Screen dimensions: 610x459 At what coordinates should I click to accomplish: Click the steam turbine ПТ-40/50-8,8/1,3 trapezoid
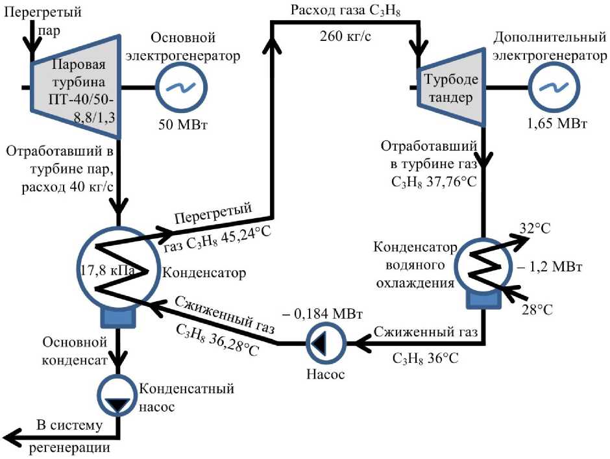(75, 87)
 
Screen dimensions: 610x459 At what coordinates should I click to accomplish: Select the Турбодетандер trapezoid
(451, 87)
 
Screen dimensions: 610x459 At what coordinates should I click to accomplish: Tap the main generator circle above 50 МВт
(181, 87)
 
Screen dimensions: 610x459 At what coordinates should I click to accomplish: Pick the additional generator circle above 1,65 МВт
(554, 87)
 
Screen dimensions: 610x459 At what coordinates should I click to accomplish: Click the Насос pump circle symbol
(326, 343)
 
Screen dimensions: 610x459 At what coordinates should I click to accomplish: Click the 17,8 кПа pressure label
(108, 270)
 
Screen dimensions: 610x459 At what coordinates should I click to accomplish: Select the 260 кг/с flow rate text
(345, 36)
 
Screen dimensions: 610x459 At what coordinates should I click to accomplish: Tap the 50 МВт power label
(183, 125)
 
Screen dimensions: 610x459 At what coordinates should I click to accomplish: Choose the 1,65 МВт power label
(557, 123)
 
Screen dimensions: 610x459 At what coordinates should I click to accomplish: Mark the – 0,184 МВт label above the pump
(323, 314)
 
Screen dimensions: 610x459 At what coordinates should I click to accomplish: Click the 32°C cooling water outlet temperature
(535, 228)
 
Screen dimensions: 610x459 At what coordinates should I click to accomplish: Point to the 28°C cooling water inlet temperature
(537, 310)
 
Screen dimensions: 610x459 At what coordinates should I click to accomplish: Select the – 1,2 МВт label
(550, 267)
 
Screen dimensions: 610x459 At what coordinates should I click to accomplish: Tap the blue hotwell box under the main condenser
(118, 317)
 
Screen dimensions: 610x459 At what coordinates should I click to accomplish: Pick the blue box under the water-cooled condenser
(483, 299)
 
